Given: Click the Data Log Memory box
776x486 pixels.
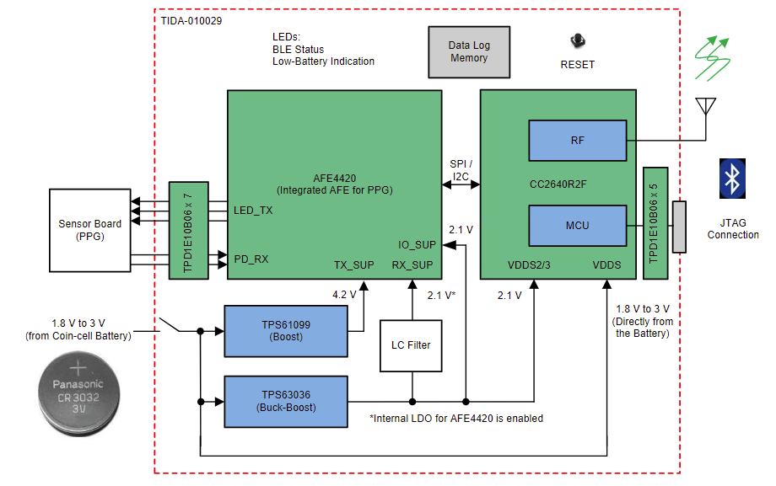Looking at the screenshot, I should [469, 52].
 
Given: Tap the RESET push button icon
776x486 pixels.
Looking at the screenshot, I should [578, 40].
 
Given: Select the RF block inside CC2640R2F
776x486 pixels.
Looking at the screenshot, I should [577, 141].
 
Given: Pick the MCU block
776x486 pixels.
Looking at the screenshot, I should [577, 226].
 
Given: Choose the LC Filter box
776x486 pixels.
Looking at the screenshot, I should [412, 344].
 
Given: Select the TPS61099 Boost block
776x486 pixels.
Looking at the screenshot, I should [286, 330].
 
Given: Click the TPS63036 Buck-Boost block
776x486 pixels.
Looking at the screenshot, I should [286, 401].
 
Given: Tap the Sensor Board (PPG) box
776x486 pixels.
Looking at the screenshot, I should [89, 230].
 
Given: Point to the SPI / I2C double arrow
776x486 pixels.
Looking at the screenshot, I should [461, 183].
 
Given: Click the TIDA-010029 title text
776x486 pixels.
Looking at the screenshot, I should [191, 19].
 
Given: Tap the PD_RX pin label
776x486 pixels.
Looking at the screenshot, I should [251, 259].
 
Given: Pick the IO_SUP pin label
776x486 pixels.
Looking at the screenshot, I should [418, 245].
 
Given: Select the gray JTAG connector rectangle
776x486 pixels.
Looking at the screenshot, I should [679, 226].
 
